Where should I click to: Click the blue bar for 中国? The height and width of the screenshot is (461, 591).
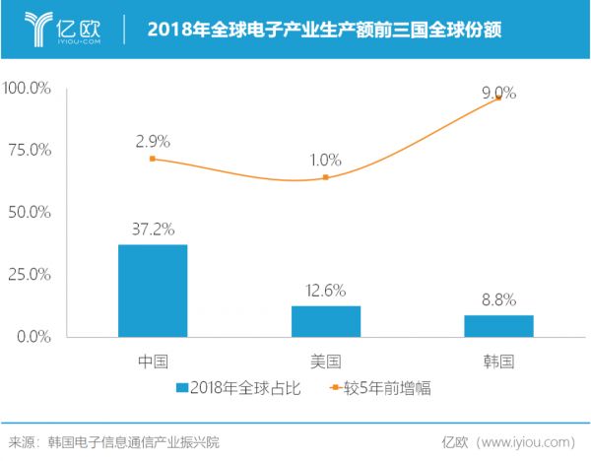(153, 291)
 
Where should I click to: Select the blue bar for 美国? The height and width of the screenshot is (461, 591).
(325, 321)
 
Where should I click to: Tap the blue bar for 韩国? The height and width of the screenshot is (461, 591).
(498, 326)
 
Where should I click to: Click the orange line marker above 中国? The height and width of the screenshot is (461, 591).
(153, 159)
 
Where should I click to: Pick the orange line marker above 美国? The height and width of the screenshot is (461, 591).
(325, 177)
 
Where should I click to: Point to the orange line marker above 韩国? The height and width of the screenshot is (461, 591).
(498, 98)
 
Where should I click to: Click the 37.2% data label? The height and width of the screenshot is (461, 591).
(153, 230)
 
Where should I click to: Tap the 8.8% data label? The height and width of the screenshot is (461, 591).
(498, 300)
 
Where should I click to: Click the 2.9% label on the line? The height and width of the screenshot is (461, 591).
(153, 141)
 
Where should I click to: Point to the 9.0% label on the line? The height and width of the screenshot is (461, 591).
(498, 93)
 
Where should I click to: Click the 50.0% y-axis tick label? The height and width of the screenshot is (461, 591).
(30, 213)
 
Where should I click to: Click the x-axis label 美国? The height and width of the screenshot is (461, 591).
(325, 361)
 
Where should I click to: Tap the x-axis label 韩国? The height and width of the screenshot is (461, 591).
(498, 361)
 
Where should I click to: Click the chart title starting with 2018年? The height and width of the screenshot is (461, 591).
(324, 30)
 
